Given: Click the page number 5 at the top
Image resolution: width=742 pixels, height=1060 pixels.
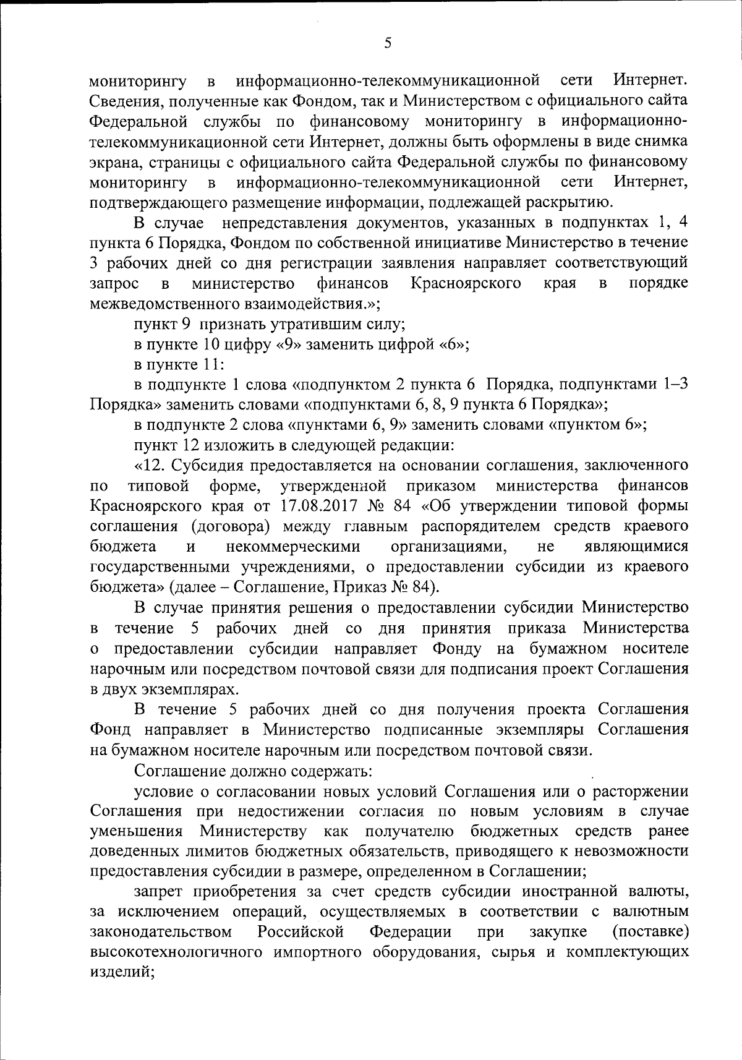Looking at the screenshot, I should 388,43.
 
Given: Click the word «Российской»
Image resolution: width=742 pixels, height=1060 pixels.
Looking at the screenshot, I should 301,933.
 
